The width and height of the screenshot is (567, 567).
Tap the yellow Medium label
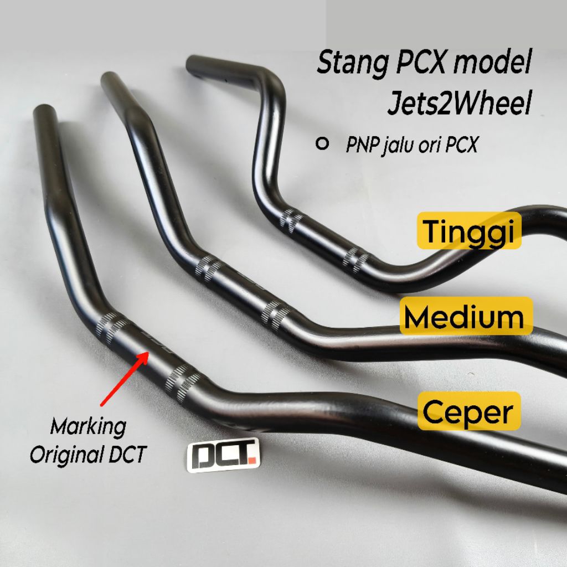464,316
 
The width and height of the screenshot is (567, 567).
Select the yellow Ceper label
468,411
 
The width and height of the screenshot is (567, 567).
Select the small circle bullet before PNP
320,144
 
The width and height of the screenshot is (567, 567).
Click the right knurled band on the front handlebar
183,380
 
